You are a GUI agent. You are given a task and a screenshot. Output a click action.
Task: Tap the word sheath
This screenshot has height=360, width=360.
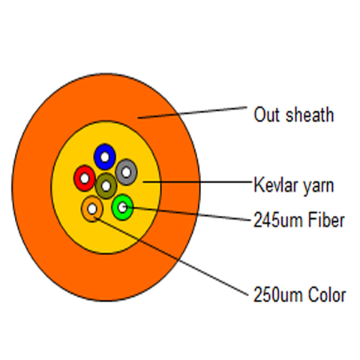310,115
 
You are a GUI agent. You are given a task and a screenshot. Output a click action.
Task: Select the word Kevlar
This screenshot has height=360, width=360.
276,185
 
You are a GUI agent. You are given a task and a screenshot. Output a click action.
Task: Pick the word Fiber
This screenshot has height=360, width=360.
326,220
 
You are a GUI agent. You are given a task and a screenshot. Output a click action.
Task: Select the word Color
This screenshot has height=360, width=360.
327,295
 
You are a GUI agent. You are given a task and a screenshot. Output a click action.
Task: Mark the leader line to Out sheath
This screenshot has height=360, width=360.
193,112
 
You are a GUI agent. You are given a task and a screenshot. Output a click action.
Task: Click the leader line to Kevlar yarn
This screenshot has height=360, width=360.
197,182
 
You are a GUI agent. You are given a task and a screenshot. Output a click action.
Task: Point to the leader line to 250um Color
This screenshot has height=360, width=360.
171,256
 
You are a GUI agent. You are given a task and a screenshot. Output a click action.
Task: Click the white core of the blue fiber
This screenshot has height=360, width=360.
105,157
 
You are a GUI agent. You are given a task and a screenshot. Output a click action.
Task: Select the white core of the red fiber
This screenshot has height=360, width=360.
85,178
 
